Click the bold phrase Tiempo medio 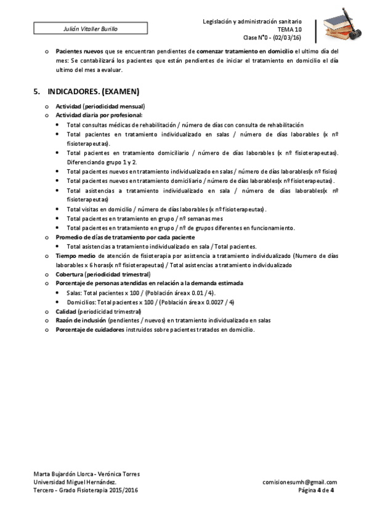tap(76, 255)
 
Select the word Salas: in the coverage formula tap(75, 292)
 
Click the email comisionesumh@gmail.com tap(299, 482)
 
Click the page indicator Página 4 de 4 tap(316, 491)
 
